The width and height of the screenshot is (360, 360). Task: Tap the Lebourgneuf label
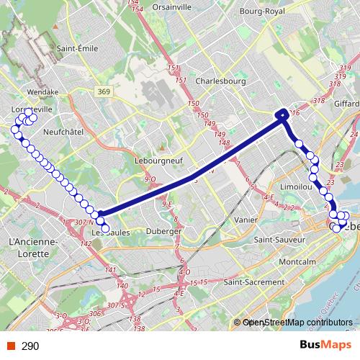[157, 161]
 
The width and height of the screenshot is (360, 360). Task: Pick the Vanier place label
[246, 219]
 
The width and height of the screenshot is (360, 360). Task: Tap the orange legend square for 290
[11, 346]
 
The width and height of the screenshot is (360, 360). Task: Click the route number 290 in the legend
[30, 346]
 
